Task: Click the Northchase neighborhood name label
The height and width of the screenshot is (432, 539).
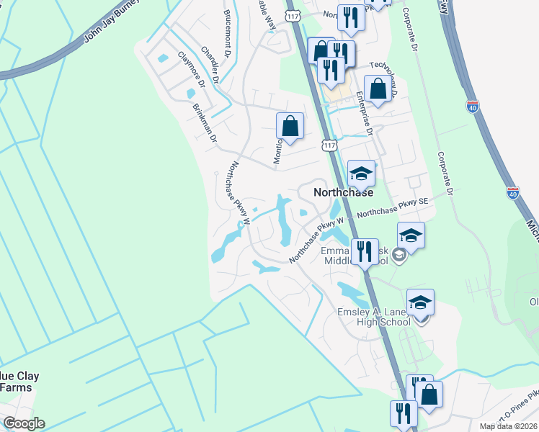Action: [343, 193]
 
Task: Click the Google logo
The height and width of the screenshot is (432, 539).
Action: [24, 423]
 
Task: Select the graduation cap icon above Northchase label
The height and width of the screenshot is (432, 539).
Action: [361, 173]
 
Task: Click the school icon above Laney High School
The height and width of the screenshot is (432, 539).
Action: [420, 302]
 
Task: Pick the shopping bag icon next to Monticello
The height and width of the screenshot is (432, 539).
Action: [290, 126]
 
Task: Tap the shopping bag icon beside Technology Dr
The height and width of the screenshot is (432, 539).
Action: [378, 89]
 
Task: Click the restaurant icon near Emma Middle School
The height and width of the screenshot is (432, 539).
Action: [364, 252]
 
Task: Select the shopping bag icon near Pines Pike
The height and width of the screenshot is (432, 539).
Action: [429, 395]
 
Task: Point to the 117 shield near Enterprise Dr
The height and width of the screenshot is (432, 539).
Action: [329, 145]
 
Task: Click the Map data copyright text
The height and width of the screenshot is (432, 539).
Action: [509, 426]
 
